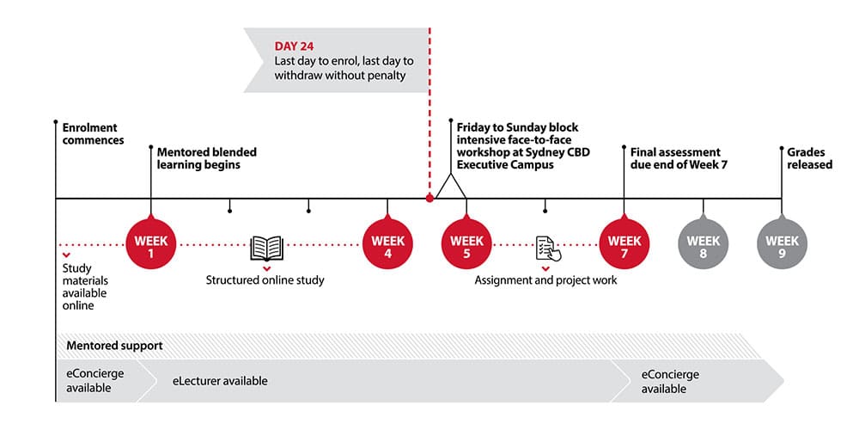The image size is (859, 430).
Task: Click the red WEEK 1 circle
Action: click(151, 243)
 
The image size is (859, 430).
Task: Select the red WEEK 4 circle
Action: click(388, 243)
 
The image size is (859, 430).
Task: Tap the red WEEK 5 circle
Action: click(466, 243)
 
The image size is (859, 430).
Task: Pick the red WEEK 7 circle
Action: click(624, 243)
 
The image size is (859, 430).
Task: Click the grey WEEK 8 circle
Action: click(704, 243)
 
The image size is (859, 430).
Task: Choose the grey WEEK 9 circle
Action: click(783, 243)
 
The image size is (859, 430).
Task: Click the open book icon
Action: click(267, 248)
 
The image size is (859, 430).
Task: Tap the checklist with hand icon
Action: click(548, 249)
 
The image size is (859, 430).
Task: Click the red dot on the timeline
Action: click(429, 198)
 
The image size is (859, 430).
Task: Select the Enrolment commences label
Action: click(93, 134)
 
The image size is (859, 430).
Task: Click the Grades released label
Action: click(810, 158)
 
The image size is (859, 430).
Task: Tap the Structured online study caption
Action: click(265, 280)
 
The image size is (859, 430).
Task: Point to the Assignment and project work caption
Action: click(545, 280)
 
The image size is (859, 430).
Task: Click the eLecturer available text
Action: click(220, 381)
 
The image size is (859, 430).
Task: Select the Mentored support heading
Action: click(114, 346)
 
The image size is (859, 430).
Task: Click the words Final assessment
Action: click(675, 152)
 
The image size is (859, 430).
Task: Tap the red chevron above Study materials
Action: click(66, 255)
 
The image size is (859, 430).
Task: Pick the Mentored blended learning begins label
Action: click(206, 158)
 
